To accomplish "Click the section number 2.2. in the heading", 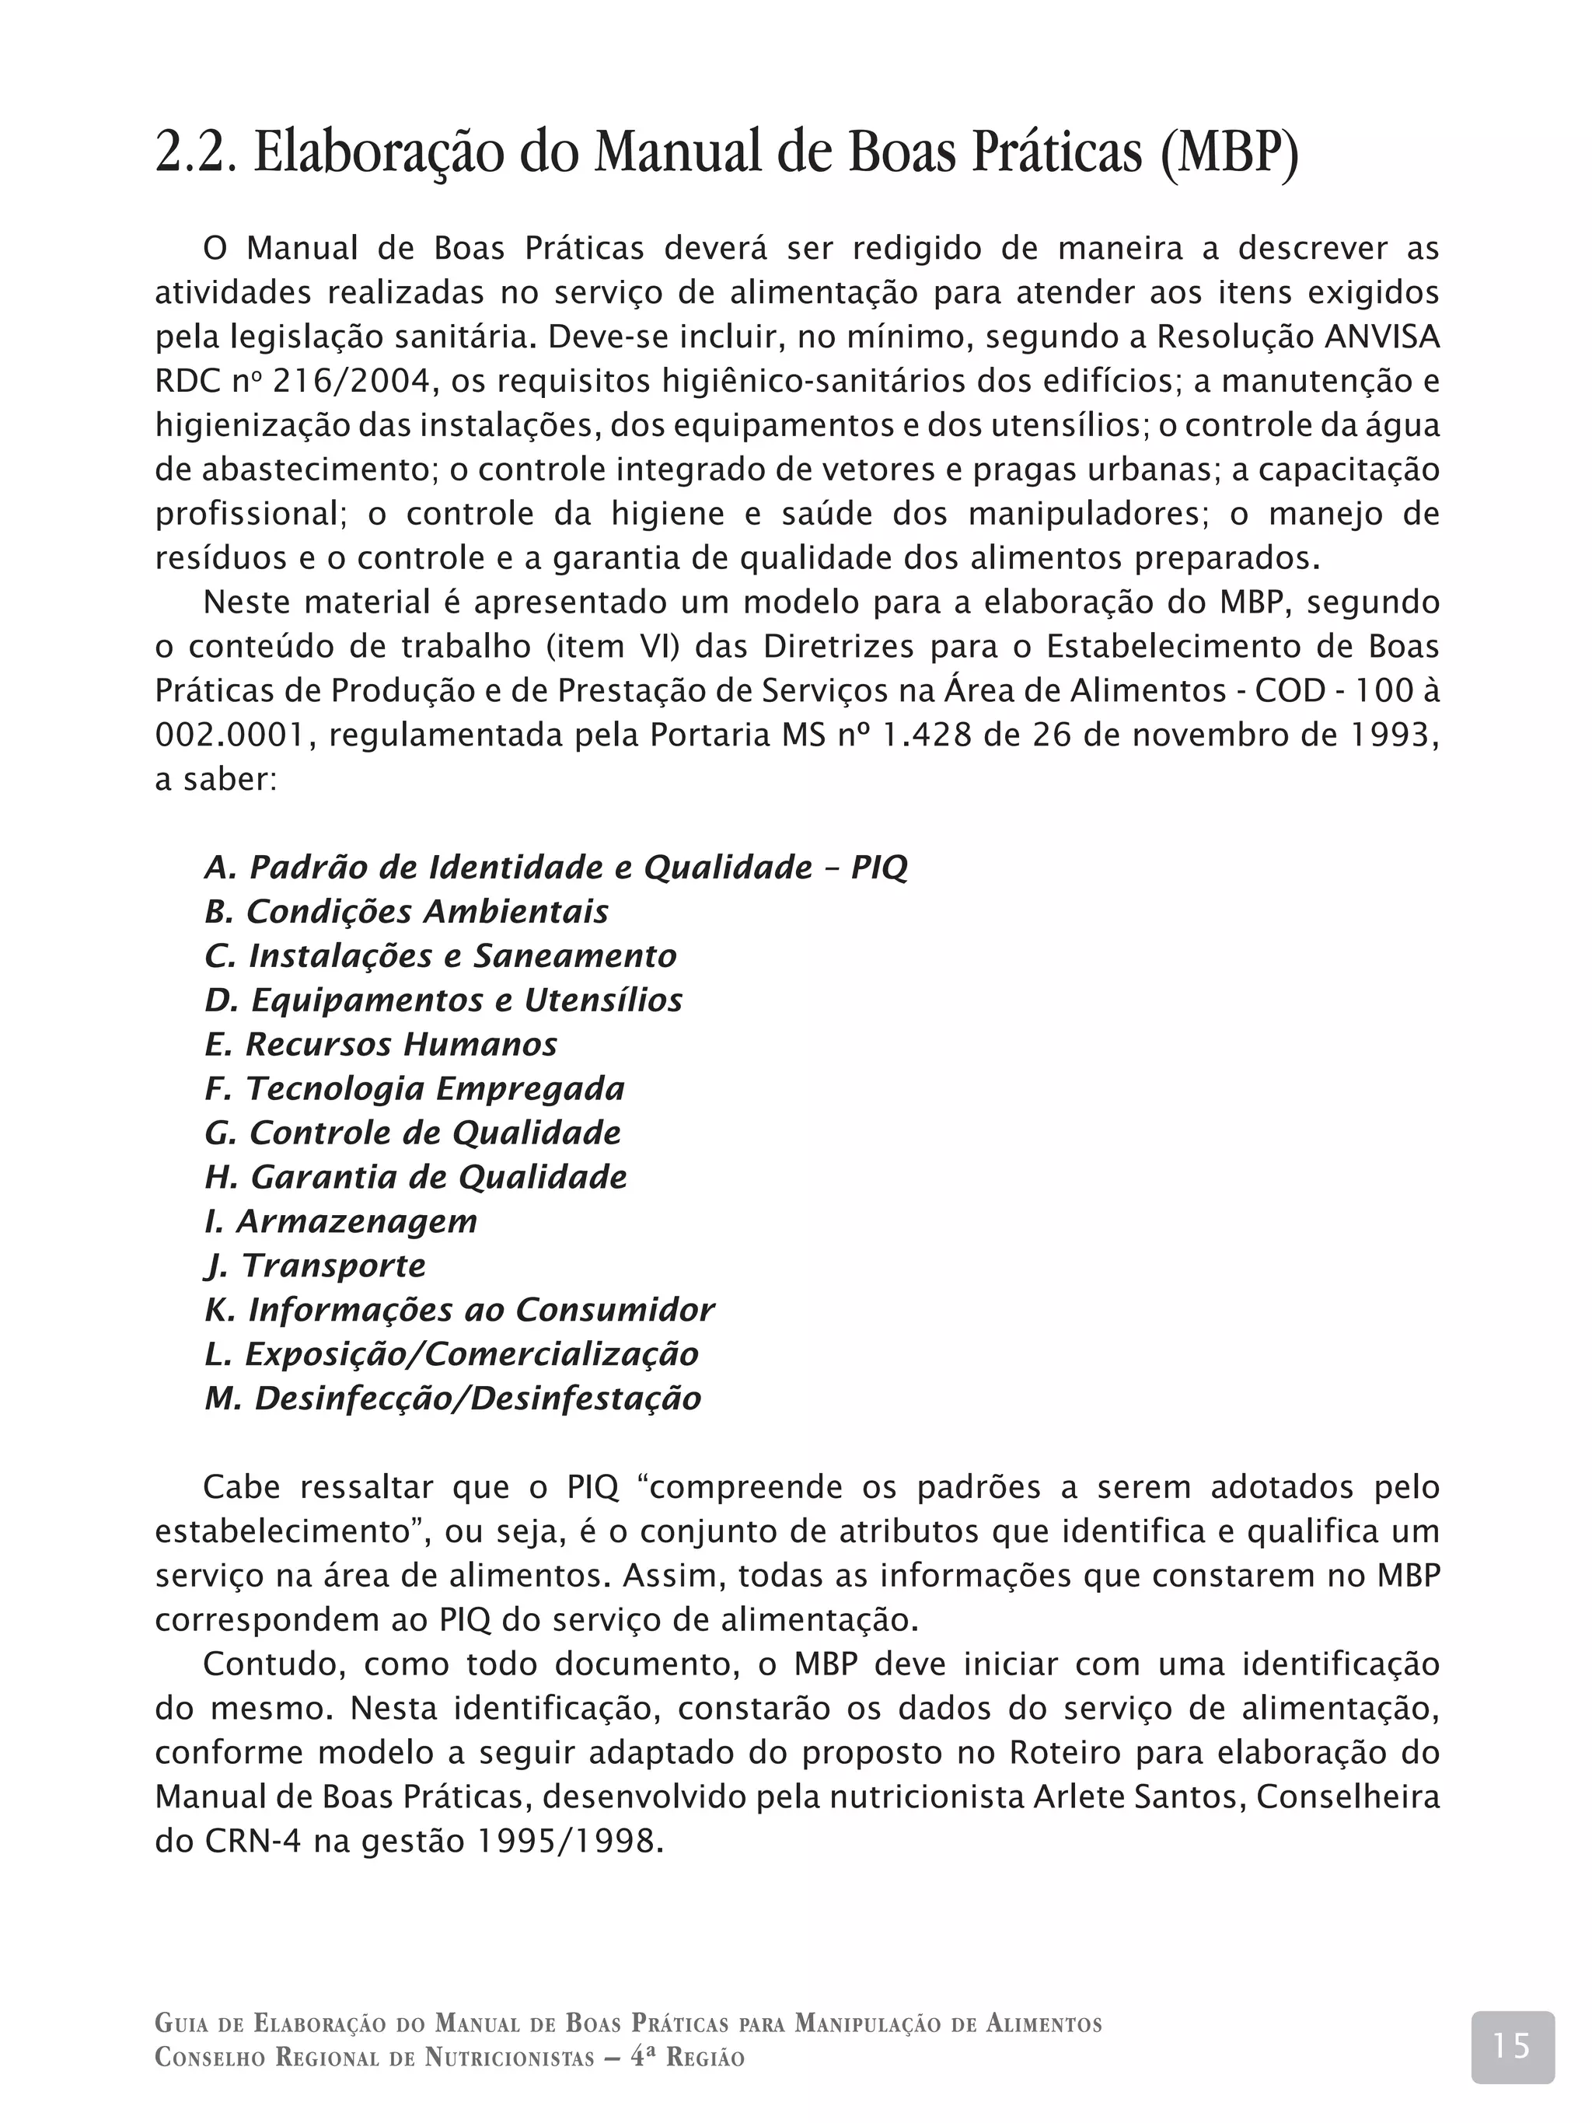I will tap(195, 152).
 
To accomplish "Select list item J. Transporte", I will tap(315, 1265).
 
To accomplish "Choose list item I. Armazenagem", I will tap(340, 1220).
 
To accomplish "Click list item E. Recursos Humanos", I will tap(381, 1044).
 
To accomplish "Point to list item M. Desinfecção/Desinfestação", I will tap(453, 1398).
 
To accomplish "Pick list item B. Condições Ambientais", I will tap(407, 912).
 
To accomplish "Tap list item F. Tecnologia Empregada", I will tap(414, 1088).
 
